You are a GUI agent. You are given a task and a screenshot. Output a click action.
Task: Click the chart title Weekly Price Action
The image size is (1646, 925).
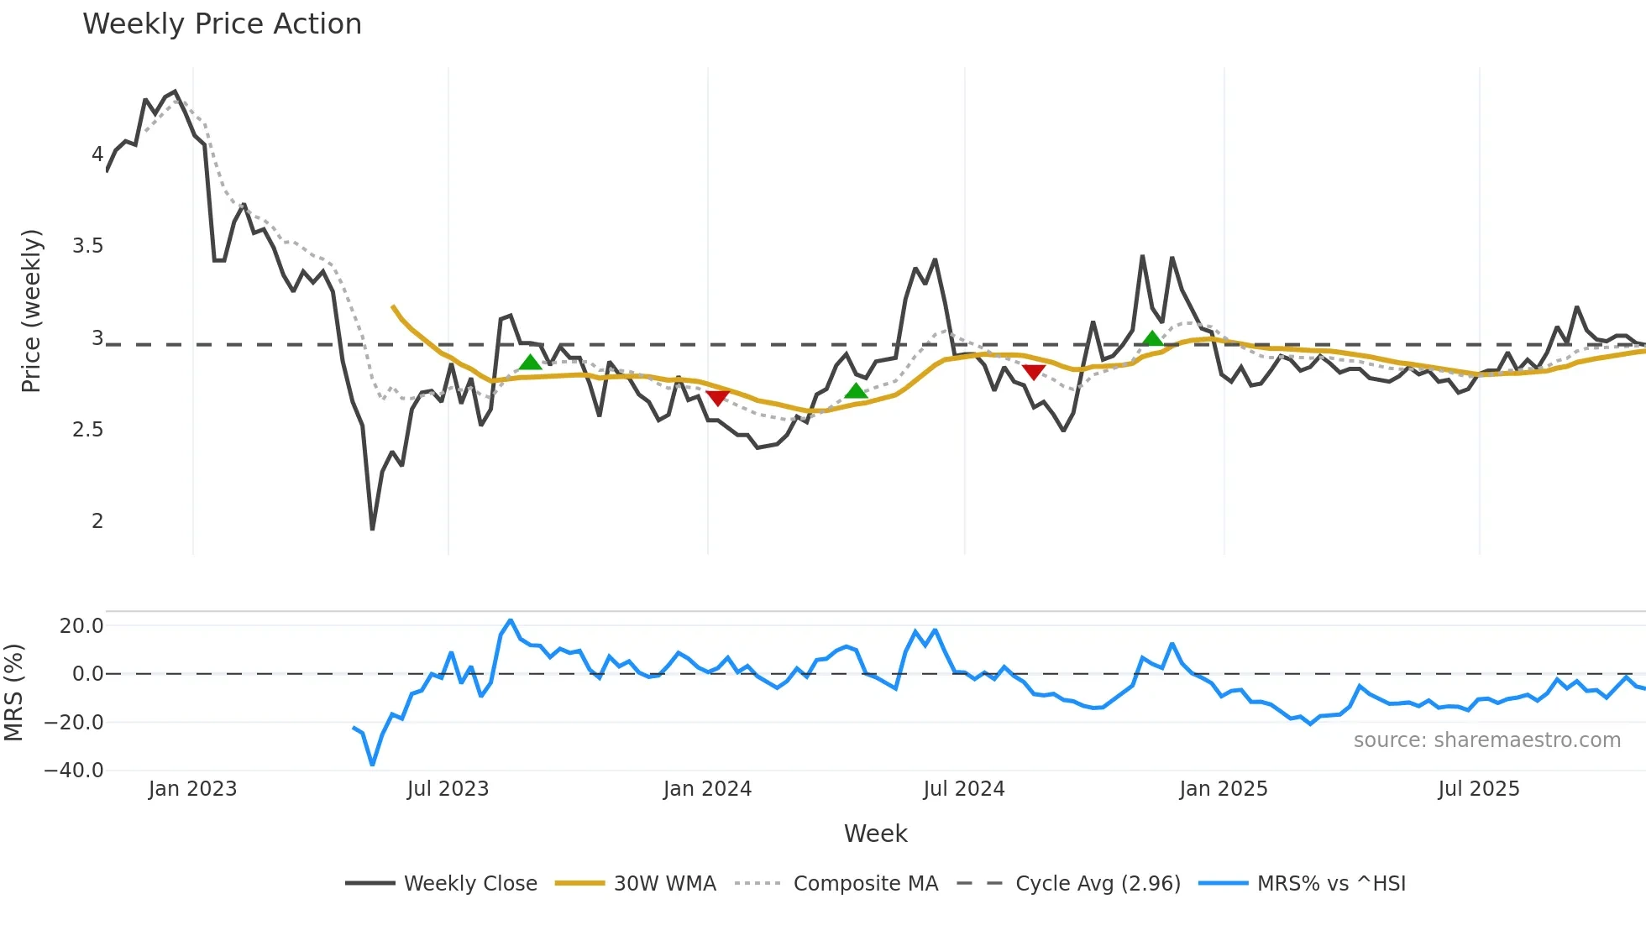(222, 24)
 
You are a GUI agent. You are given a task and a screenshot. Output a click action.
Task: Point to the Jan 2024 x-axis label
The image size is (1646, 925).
(707, 789)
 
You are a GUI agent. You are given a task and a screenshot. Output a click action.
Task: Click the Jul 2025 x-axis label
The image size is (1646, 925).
(1479, 789)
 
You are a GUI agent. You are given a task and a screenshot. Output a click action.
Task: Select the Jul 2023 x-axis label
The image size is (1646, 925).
(448, 789)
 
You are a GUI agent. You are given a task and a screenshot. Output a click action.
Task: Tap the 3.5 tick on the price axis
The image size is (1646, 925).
(87, 246)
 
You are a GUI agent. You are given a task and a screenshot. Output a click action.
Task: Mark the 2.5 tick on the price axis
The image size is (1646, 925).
(87, 430)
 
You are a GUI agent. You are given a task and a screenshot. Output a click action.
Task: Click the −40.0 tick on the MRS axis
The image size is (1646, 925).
(74, 771)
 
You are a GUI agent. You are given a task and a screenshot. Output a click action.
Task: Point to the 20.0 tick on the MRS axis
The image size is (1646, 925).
(81, 625)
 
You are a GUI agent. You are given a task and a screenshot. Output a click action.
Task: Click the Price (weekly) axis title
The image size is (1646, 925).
(31, 311)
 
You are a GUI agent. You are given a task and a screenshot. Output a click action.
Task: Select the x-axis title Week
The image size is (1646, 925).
(875, 834)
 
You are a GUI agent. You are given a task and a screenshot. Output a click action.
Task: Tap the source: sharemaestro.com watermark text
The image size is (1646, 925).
(1486, 740)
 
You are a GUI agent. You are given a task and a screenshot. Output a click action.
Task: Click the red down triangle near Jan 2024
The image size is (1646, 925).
(717, 398)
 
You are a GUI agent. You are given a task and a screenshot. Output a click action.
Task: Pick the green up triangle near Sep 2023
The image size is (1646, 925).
(530, 363)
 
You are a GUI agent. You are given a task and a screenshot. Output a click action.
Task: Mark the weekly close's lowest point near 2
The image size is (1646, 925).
(372, 529)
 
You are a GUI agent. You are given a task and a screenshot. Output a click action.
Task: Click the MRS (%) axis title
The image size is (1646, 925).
(13, 692)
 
